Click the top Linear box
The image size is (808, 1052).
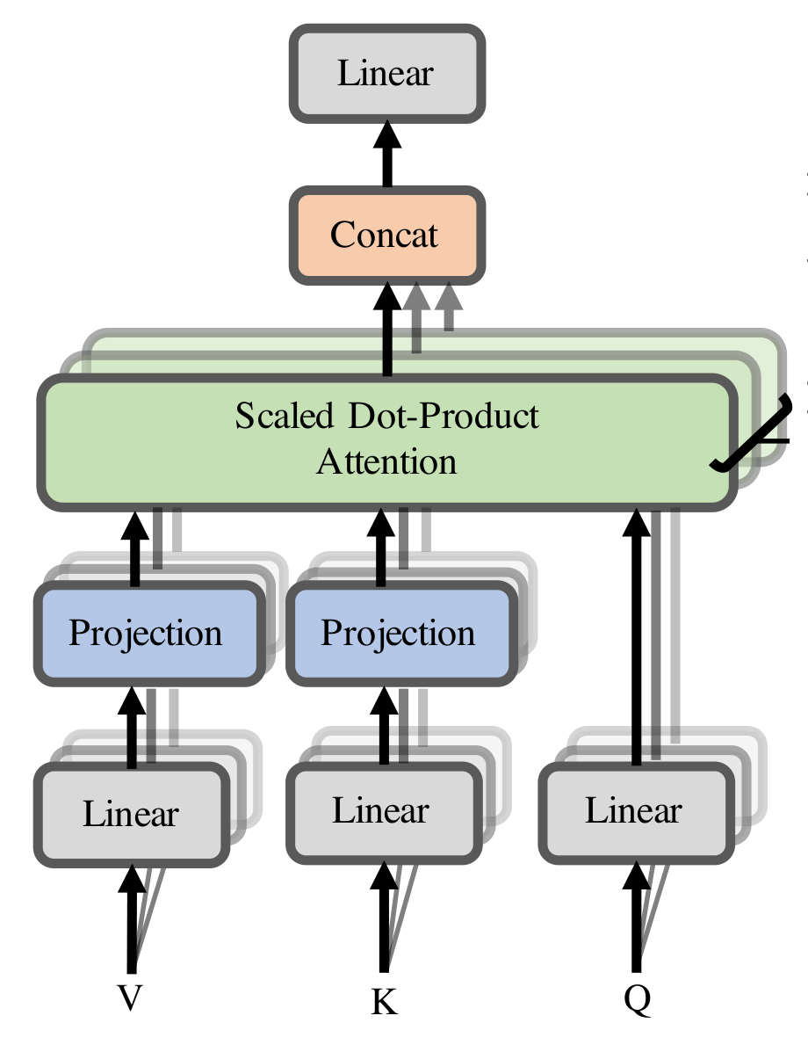(386, 74)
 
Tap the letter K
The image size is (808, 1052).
(384, 1002)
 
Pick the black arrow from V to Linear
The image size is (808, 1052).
(133, 914)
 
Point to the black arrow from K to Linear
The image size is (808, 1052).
(384, 914)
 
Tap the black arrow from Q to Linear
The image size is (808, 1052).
(636, 914)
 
